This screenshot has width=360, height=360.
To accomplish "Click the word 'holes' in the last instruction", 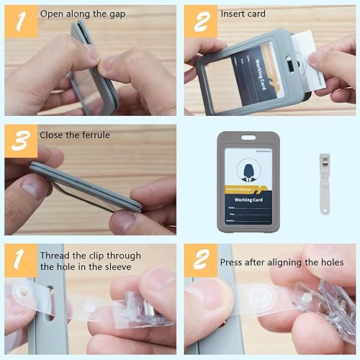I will (330, 262).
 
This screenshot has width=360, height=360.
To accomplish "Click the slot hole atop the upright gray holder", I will (247, 138).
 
